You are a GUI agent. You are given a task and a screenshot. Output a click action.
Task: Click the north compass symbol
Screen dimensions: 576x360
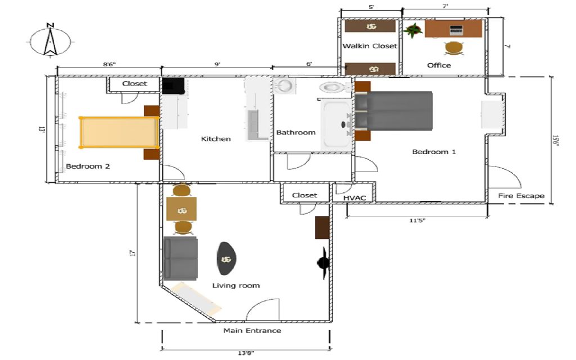[x=50, y=41]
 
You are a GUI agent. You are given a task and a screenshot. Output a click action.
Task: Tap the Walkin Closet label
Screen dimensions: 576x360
[x=370, y=46]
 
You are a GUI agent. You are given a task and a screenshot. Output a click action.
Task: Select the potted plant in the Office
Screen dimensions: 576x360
[x=413, y=30]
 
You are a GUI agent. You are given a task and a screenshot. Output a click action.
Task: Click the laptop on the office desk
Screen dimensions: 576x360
[x=456, y=30]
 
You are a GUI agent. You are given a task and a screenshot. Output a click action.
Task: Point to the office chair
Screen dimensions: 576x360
[x=454, y=48]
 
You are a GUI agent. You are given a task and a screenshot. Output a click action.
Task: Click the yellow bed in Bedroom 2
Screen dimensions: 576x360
[x=119, y=132]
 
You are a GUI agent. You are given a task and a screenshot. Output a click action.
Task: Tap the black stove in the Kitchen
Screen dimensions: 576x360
[x=173, y=86]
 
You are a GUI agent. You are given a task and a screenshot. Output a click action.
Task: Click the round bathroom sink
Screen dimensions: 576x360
[x=285, y=86]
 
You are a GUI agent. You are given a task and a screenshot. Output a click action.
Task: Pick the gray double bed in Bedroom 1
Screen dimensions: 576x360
[x=393, y=111]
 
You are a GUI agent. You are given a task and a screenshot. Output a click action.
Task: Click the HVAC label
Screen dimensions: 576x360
[x=354, y=198]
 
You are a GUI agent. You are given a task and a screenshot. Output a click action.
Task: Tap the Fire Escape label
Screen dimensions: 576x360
[x=521, y=196]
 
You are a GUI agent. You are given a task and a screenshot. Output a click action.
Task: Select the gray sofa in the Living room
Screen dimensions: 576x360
[x=181, y=258]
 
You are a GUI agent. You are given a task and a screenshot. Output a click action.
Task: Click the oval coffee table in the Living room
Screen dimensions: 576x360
[x=226, y=258]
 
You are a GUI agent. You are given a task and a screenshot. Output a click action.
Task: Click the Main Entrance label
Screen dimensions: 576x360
[x=253, y=331]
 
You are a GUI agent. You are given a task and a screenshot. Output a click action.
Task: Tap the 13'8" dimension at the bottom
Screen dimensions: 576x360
[x=246, y=353]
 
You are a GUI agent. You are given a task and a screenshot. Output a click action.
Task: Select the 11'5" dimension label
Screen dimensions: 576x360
[x=417, y=220]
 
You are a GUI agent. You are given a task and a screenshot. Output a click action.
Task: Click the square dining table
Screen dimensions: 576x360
[x=182, y=209]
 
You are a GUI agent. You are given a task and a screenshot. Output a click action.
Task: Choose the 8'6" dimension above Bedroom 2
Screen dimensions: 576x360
[x=109, y=64]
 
